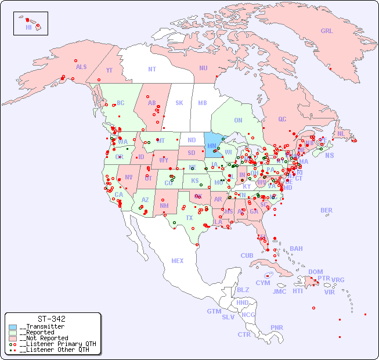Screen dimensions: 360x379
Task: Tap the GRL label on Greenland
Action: coord(327,31)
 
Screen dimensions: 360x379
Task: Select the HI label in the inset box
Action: coord(28,27)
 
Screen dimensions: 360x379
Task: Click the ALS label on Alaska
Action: coord(81,67)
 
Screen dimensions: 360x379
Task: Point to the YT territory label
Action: coord(109,70)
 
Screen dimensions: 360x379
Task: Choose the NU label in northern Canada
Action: coord(203,68)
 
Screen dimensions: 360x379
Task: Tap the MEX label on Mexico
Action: coord(178,261)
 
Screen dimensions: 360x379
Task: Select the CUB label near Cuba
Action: coord(247,255)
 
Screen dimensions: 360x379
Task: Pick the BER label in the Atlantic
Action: coord(327,210)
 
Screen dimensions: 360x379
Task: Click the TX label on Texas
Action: coord(189,218)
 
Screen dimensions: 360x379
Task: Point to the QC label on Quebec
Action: coord(282,119)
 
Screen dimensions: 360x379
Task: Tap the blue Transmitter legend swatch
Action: coord(13,327)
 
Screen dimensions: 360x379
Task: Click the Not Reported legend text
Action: coord(43,338)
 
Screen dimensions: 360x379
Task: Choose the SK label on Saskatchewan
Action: coord(179,103)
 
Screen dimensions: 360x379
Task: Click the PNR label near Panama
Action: coord(277,327)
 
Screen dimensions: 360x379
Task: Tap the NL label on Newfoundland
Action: coord(341,133)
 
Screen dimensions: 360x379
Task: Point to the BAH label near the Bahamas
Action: coord(296,249)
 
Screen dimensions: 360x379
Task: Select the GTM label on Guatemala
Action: coord(214,311)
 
